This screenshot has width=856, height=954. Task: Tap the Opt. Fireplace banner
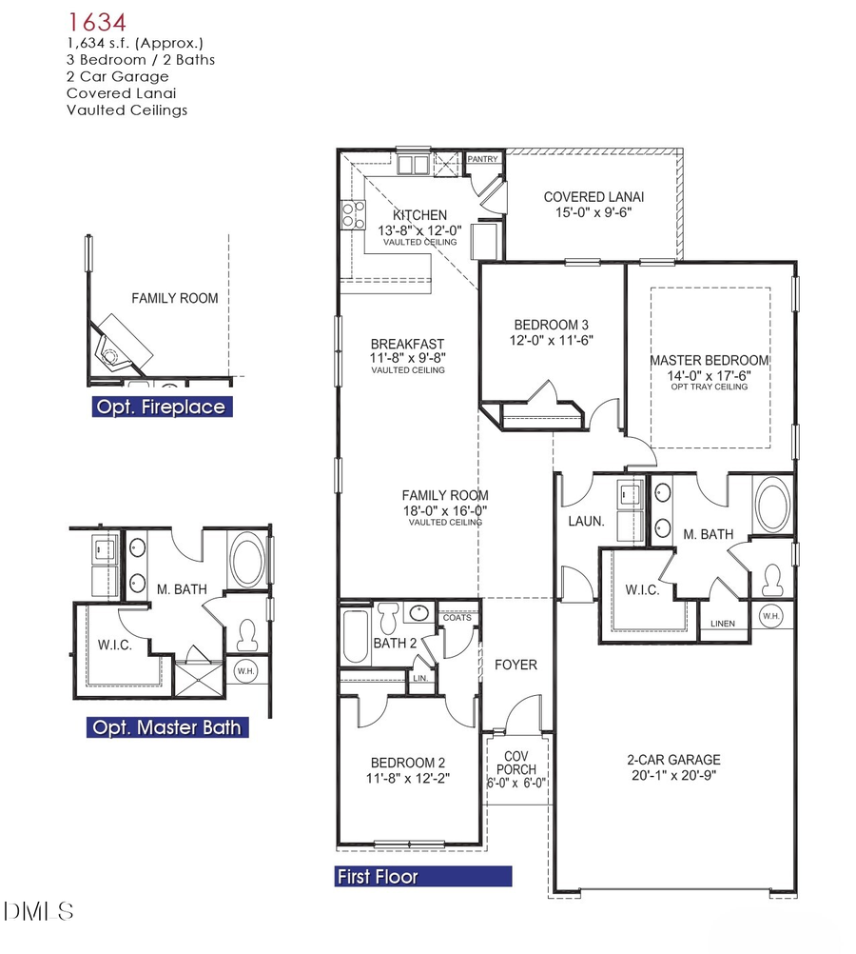coord(162,407)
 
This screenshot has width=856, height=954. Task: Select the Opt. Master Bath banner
coord(166,728)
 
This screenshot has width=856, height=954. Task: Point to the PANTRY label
coord(482,159)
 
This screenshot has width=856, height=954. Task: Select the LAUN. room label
coord(582,522)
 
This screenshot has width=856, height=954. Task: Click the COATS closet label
coord(457,618)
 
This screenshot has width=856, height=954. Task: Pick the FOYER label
coord(516,665)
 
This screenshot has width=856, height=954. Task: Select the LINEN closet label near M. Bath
coord(723,625)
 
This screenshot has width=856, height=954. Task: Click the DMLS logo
coord(39,912)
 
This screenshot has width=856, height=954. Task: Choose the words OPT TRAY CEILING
coord(709,387)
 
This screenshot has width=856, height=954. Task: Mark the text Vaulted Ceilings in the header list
coord(126,110)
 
